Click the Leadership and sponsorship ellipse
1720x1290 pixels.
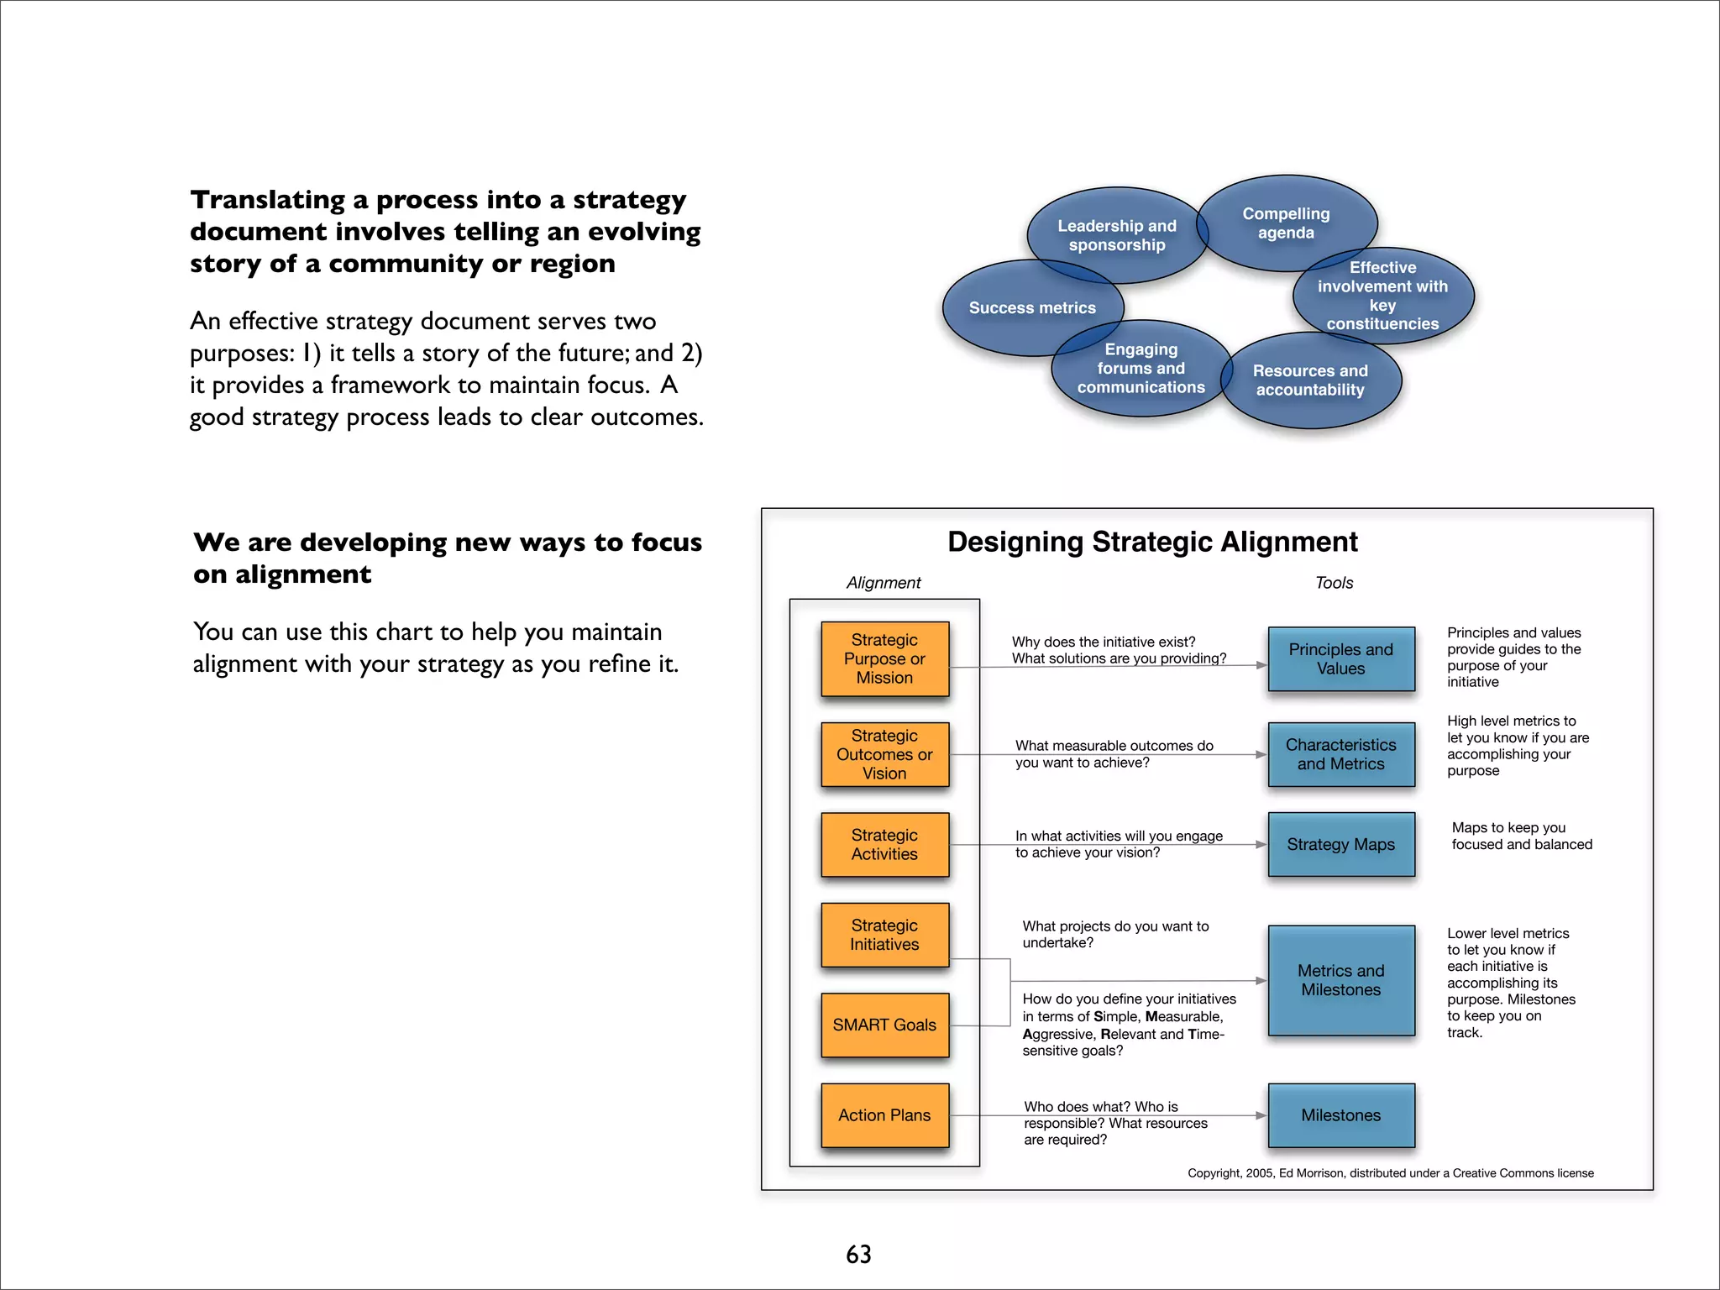[1116, 235]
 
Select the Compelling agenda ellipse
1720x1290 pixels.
[1286, 223]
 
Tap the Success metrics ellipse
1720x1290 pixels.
[1032, 307]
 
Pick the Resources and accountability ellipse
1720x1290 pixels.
[1310, 380]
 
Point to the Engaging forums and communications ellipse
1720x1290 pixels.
[1141, 368]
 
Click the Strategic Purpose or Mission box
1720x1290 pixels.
[884, 658]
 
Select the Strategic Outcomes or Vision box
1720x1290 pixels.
[884, 754]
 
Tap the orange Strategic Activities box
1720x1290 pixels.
[884, 844]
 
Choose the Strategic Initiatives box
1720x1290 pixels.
[884, 935]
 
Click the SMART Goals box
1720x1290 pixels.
[884, 1025]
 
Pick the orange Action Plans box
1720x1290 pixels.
[884, 1115]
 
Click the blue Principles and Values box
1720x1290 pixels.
[1340, 658]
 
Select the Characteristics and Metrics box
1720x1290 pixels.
[1340, 754]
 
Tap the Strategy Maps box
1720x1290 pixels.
[1340, 844]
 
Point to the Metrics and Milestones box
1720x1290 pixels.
[1340, 980]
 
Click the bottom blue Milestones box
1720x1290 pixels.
[1340, 1115]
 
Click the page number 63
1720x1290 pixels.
[858, 1254]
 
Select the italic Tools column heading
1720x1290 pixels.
[1334, 583]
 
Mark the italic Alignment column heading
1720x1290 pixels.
[884, 583]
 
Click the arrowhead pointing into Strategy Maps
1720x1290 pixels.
[1261, 844]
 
